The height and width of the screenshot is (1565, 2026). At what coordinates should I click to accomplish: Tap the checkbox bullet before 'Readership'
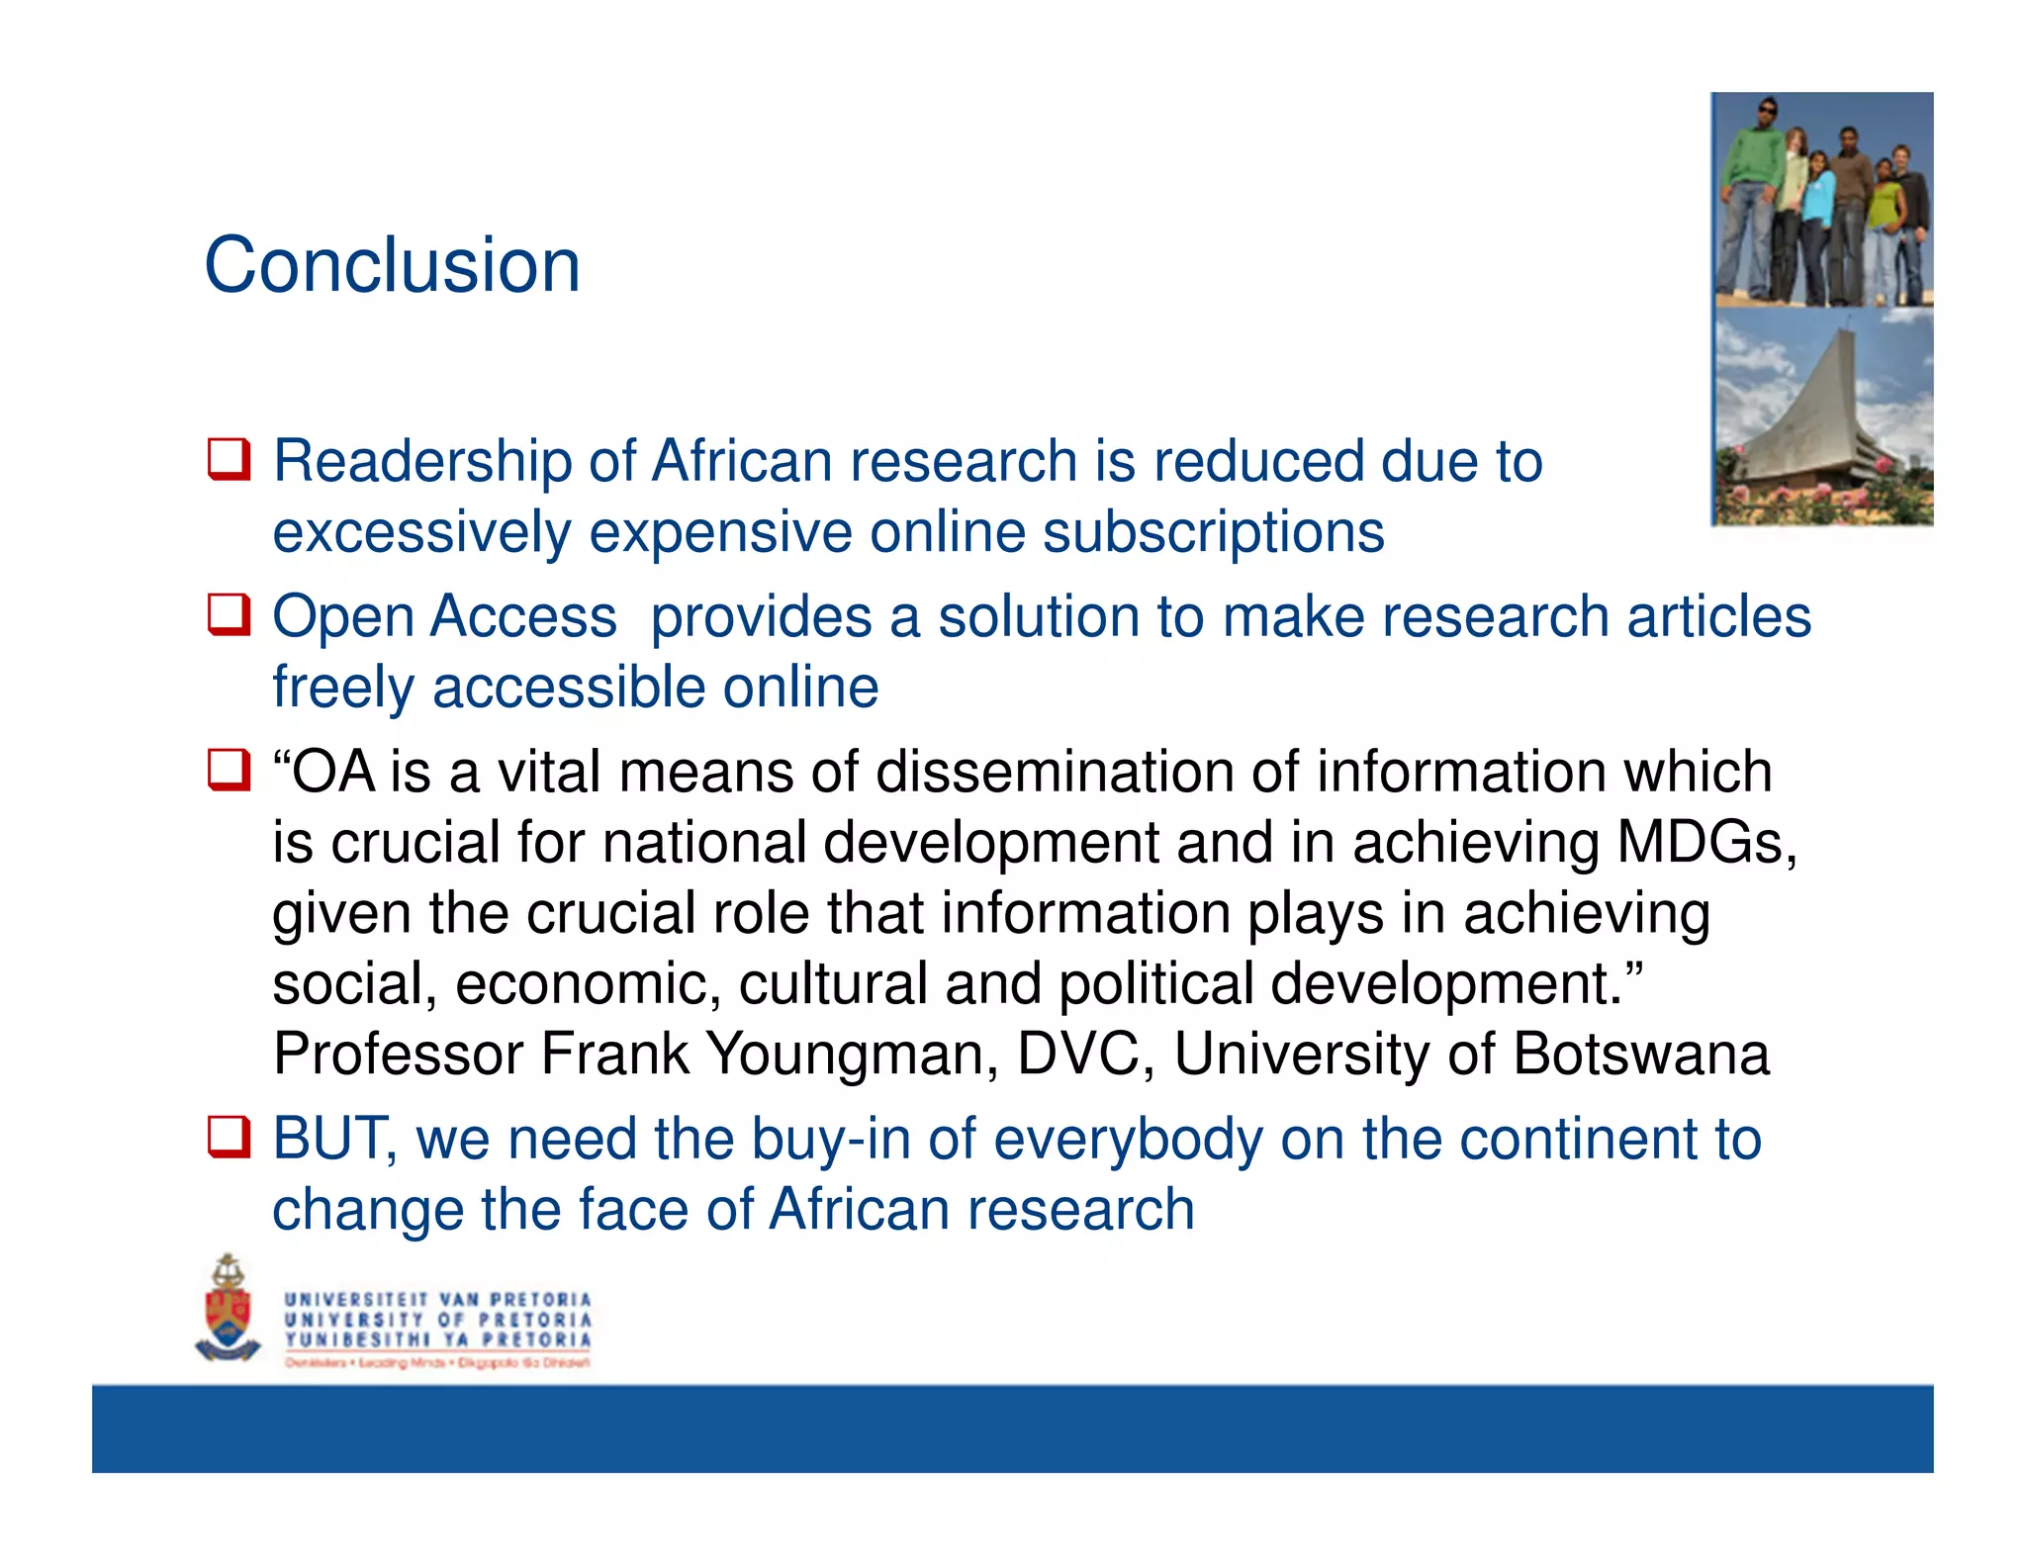(229, 460)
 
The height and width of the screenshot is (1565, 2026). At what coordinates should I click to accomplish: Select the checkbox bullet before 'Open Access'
(229, 615)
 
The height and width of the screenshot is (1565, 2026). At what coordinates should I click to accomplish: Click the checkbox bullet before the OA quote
(229, 771)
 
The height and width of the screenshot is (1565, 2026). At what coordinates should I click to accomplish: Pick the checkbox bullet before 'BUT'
(229, 1138)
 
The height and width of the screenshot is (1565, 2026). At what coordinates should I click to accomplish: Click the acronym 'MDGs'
(1705, 843)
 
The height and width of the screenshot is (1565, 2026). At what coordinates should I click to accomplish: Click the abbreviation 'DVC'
(1084, 1054)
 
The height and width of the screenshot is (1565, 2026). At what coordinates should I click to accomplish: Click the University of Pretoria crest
(229, 1311)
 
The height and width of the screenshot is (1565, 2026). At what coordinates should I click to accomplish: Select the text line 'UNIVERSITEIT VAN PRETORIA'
(437, 1299)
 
